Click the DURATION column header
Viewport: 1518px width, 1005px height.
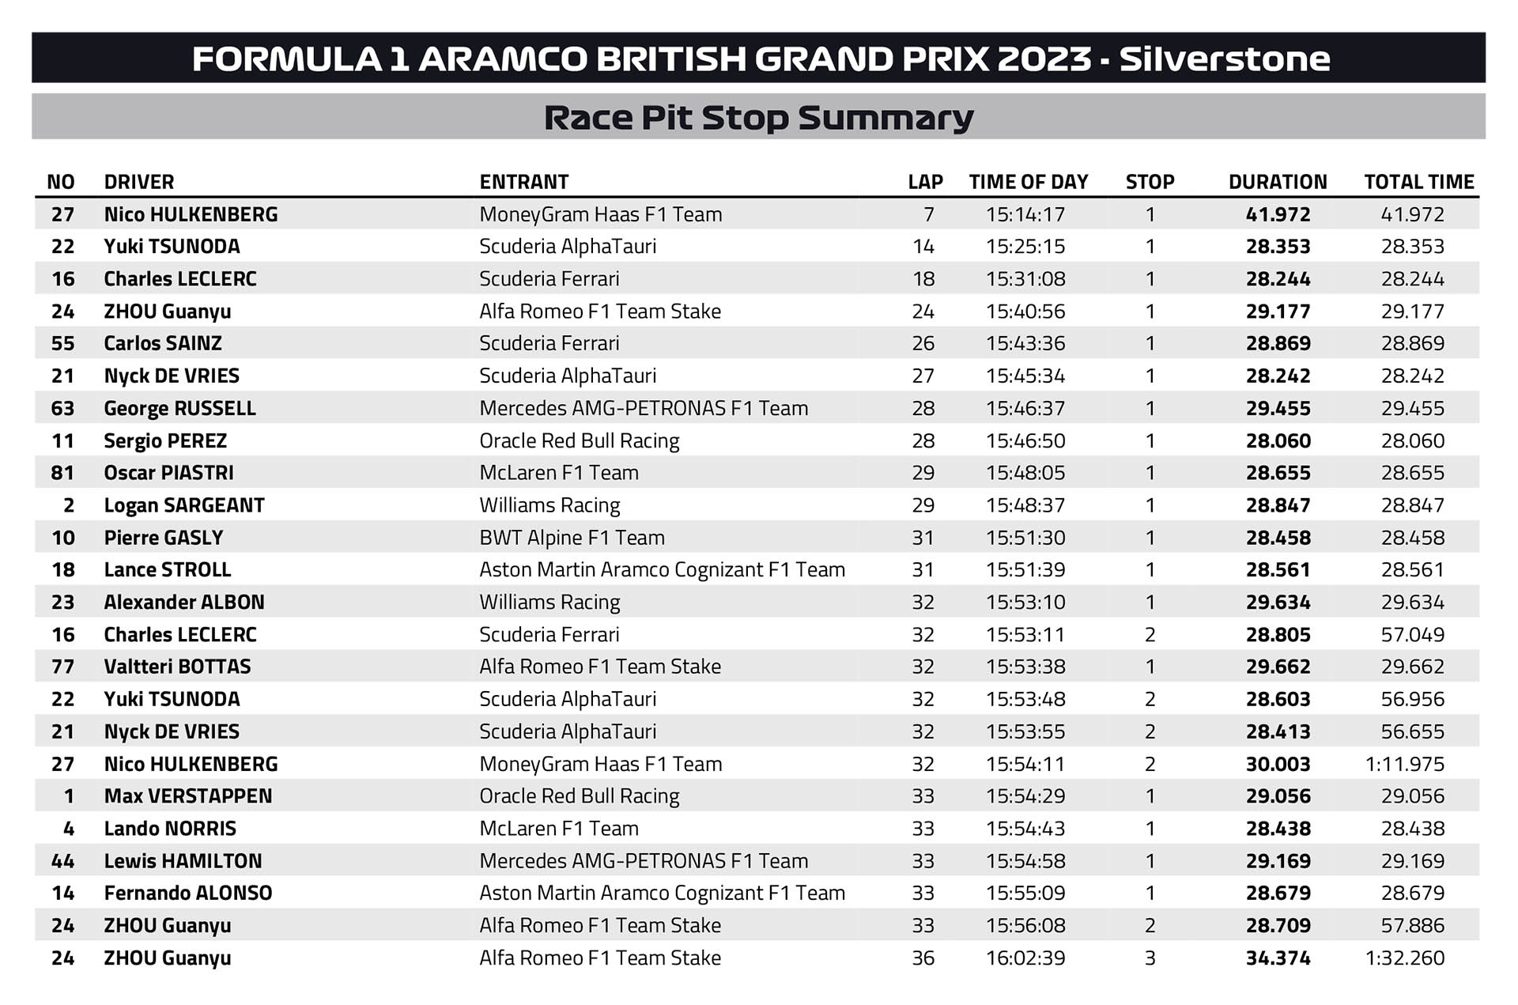(1278, 182)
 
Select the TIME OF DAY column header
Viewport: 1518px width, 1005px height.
(1029, 182)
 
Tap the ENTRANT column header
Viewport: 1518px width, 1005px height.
(523, 182)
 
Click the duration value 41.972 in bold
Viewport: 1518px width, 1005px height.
(1278, 214)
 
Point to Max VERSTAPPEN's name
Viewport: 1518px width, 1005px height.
(188, 796)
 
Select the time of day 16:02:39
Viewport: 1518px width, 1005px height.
(1025, 958)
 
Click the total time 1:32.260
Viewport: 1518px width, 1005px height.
(1405, 958)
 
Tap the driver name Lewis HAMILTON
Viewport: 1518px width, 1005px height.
(183, 861)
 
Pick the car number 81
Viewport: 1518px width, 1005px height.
(62, 473)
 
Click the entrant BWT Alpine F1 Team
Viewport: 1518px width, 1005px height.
(572, 538)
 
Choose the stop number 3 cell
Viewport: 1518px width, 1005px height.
(1150, 958)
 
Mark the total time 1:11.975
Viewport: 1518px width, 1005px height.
(1405, 765)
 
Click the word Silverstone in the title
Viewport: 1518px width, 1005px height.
(1225, 59)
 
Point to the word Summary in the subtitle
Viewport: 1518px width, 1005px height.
(885, 118)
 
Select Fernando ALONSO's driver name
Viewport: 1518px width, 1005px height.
(188, 894)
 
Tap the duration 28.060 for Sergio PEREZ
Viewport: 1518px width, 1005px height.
(1278, 441)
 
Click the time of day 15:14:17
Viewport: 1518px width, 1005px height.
(1025, 214)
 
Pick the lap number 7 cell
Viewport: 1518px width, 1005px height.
(928, 214)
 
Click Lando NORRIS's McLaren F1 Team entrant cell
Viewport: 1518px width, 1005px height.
(559, 829)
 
